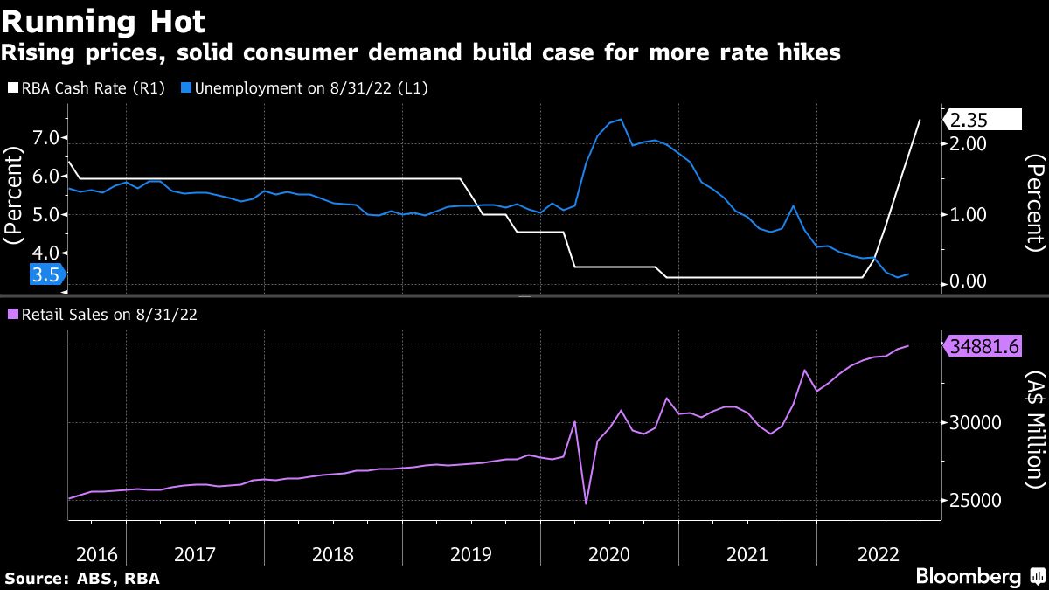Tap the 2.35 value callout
click(984, 120)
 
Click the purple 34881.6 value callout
click(984, 346)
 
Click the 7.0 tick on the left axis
click(46, 138)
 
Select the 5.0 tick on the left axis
click(46, 215)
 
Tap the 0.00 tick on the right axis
click(969, 281)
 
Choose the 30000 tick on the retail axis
click(974, 423)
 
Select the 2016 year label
click(96, 553)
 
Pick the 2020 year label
click(609, 553)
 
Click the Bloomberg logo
click(969, 576)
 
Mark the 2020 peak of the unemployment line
click(620, 119)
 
